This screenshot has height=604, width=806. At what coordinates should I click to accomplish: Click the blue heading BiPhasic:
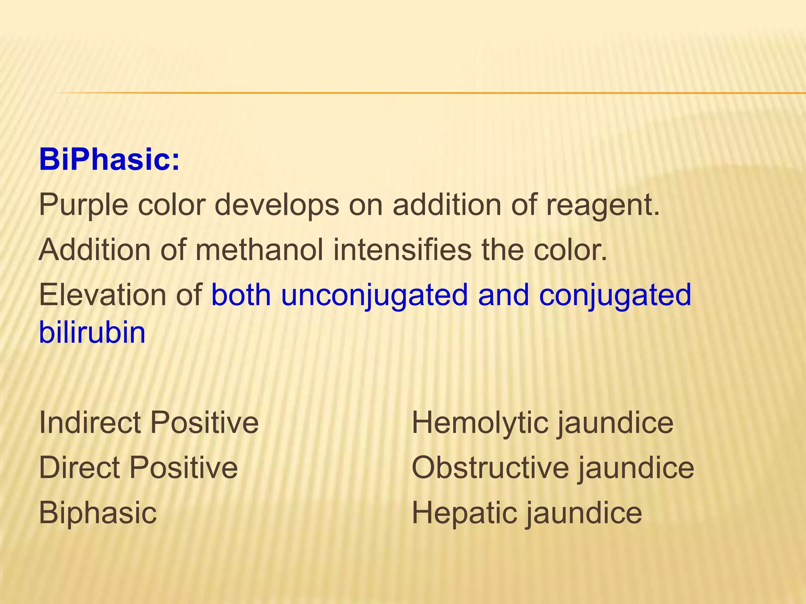point(109,160)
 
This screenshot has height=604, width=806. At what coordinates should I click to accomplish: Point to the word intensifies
point(402,250)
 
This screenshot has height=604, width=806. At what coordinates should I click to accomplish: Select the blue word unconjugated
point(374,296)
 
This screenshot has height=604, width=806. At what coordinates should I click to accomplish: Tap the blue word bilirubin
point(92,333)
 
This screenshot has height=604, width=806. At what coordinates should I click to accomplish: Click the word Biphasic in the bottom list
point(98,513)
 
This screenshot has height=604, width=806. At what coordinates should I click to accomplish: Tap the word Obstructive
point(490,468)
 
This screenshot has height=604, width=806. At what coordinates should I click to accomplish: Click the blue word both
point(241,295)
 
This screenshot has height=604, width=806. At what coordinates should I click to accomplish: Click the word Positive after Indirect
point(204,422)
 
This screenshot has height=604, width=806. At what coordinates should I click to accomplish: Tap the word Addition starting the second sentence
point(94,250)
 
